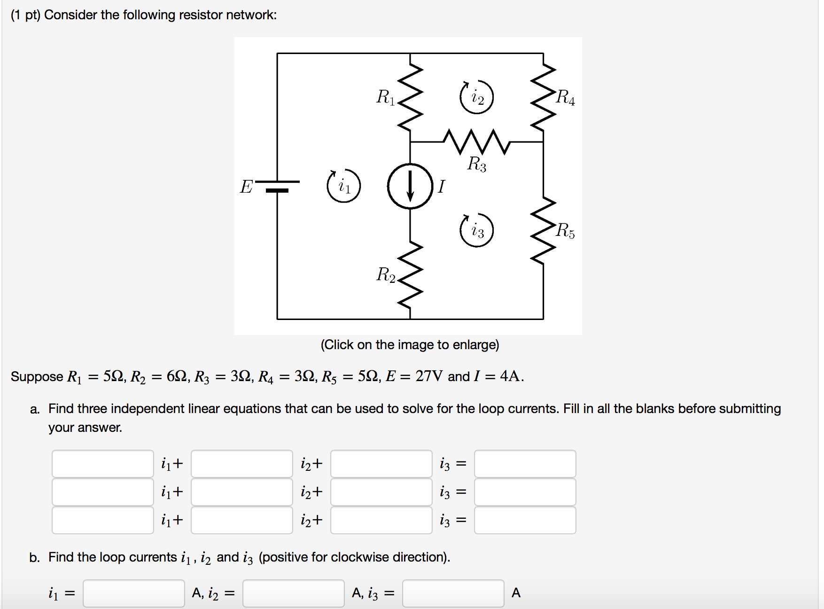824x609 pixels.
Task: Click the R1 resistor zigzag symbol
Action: pyautogui.click(x=411, y=98)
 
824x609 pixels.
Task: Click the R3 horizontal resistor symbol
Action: pyautogui.click(x=476, y=141)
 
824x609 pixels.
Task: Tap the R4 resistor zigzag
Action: pyautogui.click(x=544, y=98)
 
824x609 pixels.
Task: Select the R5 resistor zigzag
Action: pyautogui.click(x=544, y=230)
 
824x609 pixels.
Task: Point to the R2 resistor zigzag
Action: pyautogui.click(x=411, y=275)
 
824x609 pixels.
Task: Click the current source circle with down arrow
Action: pyautogui.click(x=410, y=186)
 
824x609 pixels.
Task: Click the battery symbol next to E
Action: pyautogui.click(x=277, y=186)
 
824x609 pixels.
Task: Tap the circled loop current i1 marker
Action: pyautogui.click(x=344, y=186)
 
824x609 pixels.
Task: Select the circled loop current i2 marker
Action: pyautogui.click(x=476, y=97)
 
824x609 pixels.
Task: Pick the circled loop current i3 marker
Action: pyautogui.click(x=476, y=230)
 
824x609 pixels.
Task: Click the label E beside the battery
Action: pyautogui.click(x=246, y=187)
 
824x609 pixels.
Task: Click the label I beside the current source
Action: pyautogui.click(x=441, y=187)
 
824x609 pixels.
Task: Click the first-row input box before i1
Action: pyautogui.click(x=103, y=464)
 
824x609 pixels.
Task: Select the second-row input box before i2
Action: pyautogui.click(x=242, y=492)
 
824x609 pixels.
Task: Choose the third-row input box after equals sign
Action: pyautogui.click(x=525, y=520)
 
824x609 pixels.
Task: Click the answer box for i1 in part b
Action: pyautogui.click(x=134, y=593)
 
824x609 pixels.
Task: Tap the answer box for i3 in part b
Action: pyautogui.click(x=453, y=593)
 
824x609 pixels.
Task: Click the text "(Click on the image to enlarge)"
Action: pyautogui.click(x=410, y=345)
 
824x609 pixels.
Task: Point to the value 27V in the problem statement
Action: pyautogui.click(x=429, y=376)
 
